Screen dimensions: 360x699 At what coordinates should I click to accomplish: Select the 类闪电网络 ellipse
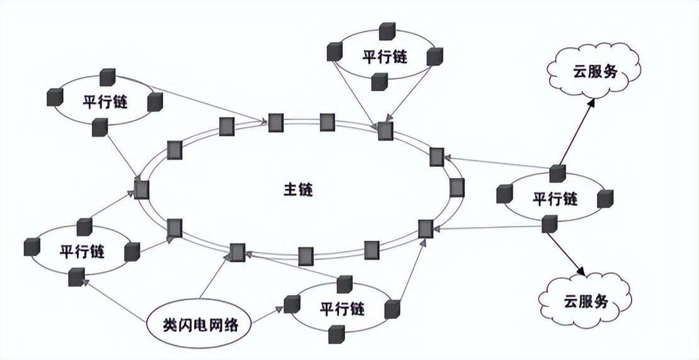pyautogui.click(x=198, y=325)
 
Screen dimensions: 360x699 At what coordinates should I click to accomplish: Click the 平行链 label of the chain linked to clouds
pyautogui.click(x=555, y=200)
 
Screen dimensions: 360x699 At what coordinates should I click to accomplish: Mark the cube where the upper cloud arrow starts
pyautogui.click(x=556, y=172)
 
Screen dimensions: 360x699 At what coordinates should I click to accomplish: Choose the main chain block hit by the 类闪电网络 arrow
pyautogui.click(x=237, y=252)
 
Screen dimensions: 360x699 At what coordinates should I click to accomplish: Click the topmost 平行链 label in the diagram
pyautogui.click(x=385, y=57)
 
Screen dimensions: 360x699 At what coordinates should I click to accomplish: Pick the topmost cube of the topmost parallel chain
pyautogui.click(x=386, y=31)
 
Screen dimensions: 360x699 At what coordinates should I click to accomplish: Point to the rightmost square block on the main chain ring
pyautogui.click(x=458, y=188)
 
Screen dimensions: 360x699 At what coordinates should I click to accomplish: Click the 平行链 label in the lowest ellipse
pyautogui.click(x=342, y=309)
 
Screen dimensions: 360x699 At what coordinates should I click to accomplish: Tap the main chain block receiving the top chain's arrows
pyautogui.click(x=385, y=131)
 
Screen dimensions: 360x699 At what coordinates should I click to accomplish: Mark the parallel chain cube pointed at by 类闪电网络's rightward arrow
pyautogui.click(x=290, y=305)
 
